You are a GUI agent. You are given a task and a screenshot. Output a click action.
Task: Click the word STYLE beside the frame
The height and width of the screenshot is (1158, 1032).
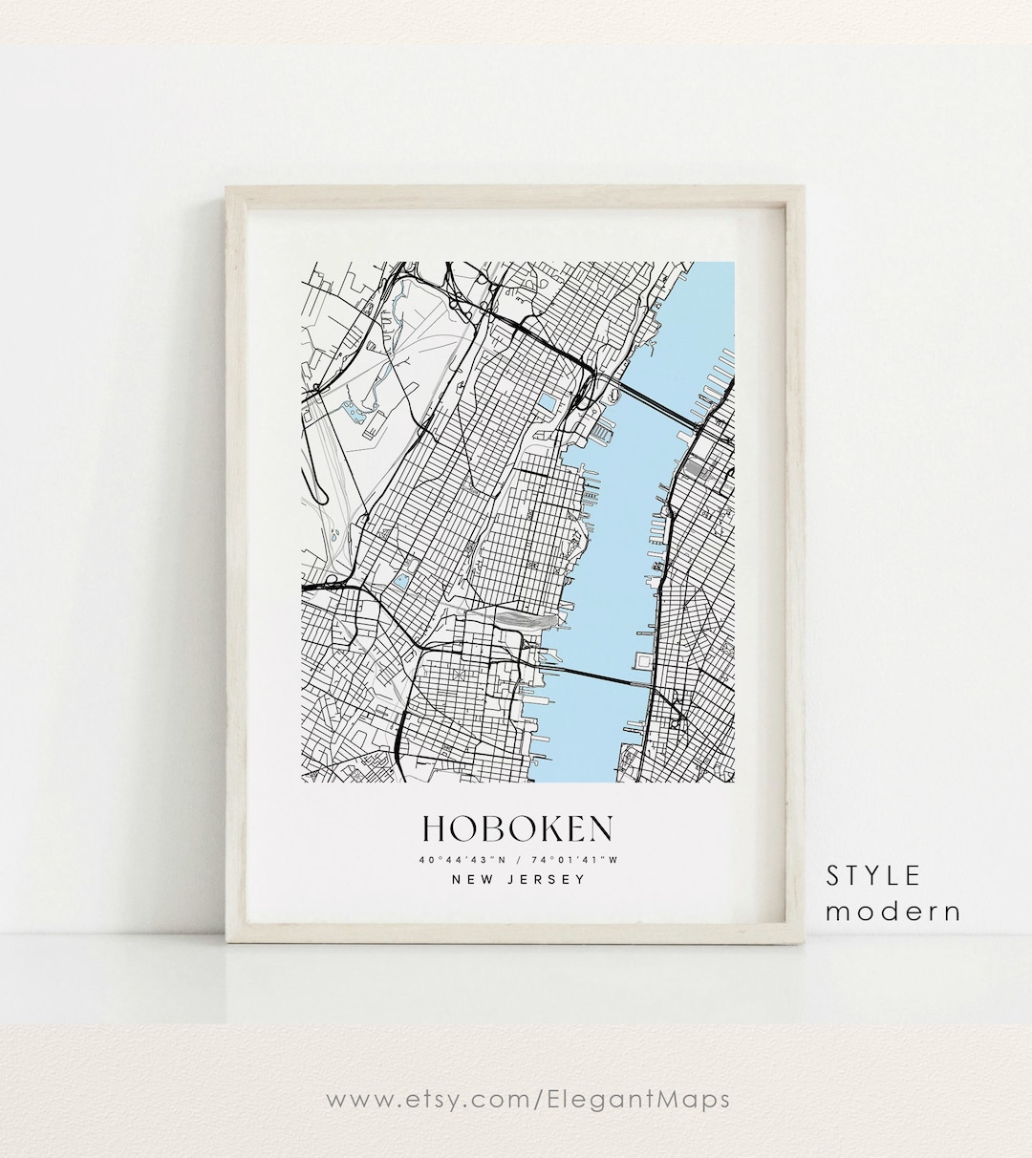coord(873,875)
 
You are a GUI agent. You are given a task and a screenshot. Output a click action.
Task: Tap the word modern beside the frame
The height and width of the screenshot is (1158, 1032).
coord(892,911)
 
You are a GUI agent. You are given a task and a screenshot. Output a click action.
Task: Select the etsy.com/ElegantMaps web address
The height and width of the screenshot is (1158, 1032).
coord(528,1100)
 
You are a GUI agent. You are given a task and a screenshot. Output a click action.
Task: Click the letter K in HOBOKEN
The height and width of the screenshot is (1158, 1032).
coord(542,828)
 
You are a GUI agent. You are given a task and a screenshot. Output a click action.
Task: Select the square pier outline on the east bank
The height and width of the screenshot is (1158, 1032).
coord(643,662)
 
